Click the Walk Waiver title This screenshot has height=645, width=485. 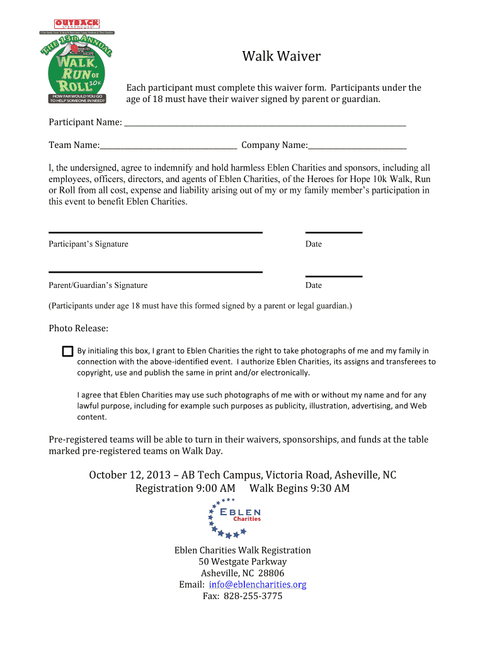point(282,57)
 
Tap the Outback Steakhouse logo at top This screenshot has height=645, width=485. point(76,25)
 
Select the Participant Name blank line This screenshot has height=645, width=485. point(265,122)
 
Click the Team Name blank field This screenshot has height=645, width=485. point(168,146)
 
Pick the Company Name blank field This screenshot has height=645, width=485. point(357,146)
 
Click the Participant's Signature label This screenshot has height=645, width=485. point(88,244)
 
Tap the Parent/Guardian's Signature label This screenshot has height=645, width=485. point(98,285)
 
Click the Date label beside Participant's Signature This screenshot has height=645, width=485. point(313,244)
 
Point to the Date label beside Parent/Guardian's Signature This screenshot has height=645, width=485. point(313,285)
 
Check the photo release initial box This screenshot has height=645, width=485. point(67,351)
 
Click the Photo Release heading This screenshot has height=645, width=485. point(79,328)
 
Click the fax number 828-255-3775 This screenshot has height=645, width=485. point(260,596)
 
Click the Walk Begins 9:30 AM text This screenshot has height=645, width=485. point(300,488)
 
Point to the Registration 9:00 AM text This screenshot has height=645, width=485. point(185,488)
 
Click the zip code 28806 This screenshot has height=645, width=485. point(271,573)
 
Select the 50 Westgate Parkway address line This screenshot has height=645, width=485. point(243,562)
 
